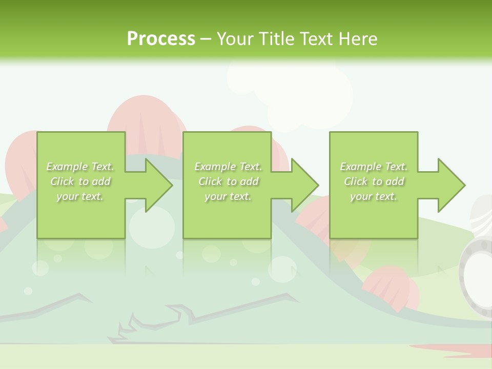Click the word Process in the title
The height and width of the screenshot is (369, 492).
pos(161,39)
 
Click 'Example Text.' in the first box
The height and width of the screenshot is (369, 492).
pos(80,167)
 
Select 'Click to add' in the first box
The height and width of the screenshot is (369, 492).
pos(80,181)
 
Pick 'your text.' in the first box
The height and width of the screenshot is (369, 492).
pos(80,196)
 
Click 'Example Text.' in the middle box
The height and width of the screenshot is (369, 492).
pos(228,167)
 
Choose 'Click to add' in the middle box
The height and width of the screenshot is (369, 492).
pos(228,181)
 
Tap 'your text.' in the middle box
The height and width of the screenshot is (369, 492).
pos(228,196)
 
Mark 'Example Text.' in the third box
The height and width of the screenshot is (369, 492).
pos(374,167)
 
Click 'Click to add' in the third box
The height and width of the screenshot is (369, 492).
pos(374,181)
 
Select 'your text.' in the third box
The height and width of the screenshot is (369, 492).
pos(374,196)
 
